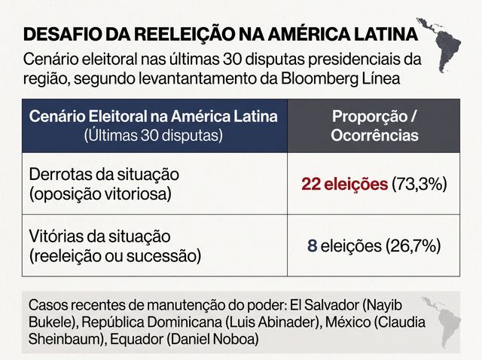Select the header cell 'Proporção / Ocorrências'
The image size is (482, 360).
pos(374,126)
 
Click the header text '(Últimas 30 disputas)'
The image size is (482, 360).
pos(154,136)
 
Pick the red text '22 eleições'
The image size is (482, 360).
pos(345,185)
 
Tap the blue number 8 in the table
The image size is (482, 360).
pos(312,246)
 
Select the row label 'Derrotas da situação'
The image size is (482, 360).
pos(104,175)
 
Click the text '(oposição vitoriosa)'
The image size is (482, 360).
pos(100,194)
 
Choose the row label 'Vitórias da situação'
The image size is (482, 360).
pos(99,236)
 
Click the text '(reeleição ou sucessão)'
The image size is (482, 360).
pos(115,256)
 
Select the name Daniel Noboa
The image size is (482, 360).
pos(214,339)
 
